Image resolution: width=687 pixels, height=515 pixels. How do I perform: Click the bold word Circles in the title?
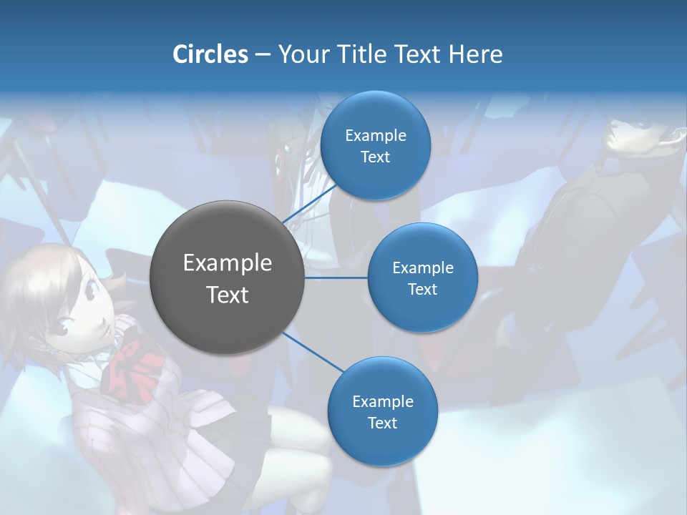click(x=210, y=54)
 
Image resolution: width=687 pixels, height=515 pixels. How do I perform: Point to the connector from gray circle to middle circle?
click(x=336, y=277)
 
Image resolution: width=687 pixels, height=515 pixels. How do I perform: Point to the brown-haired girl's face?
click(x=82, y=311)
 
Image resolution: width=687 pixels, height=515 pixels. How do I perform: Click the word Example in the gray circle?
click(x=228, y=263)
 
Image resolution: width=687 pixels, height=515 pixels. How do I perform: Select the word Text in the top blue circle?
click(x=375, y=157)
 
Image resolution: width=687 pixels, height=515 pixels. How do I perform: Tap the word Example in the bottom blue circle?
click(x=382, y=401)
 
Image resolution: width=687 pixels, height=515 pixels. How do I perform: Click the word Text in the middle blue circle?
click(x=422, y=289)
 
